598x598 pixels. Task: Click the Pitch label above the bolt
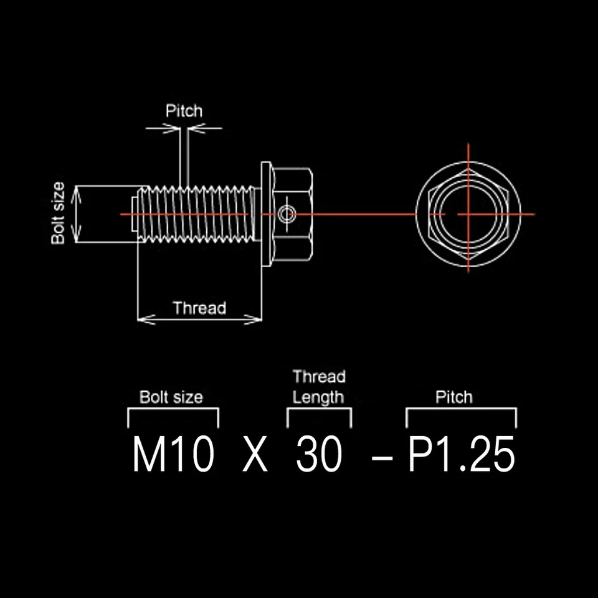[x=184, y=111]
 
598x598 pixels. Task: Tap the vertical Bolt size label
[x=58, y=213]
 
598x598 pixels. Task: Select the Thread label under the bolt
[x=199, y=308]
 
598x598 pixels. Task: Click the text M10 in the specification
[x=173, y=454]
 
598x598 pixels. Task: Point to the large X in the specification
[x=255, y=454]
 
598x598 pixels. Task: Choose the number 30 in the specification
[x=319, y=454]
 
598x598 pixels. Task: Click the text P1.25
[x=462, y=454]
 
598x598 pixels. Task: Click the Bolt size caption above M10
[x=171, y=397]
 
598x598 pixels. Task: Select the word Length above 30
[x=318, y=398]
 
